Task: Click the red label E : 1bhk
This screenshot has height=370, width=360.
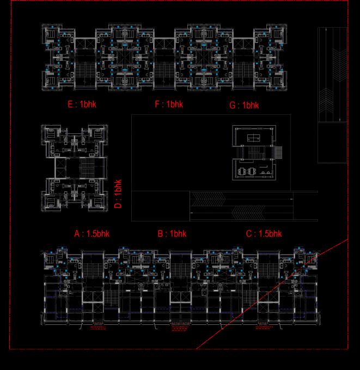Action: (x=82, y=104)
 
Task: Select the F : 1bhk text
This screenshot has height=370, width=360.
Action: (x=169, y=104)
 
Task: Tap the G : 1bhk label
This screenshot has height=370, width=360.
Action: (x=244, y=106)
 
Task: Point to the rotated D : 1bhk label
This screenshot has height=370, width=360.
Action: (x=119, y=194)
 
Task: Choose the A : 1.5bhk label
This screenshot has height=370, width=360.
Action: (x=92, y=234)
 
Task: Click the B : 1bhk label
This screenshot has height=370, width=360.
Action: (x=172, y=234)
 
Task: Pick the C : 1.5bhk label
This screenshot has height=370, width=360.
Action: (x=264, y=234)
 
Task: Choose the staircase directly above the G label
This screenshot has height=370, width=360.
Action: (x=243, y=72)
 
